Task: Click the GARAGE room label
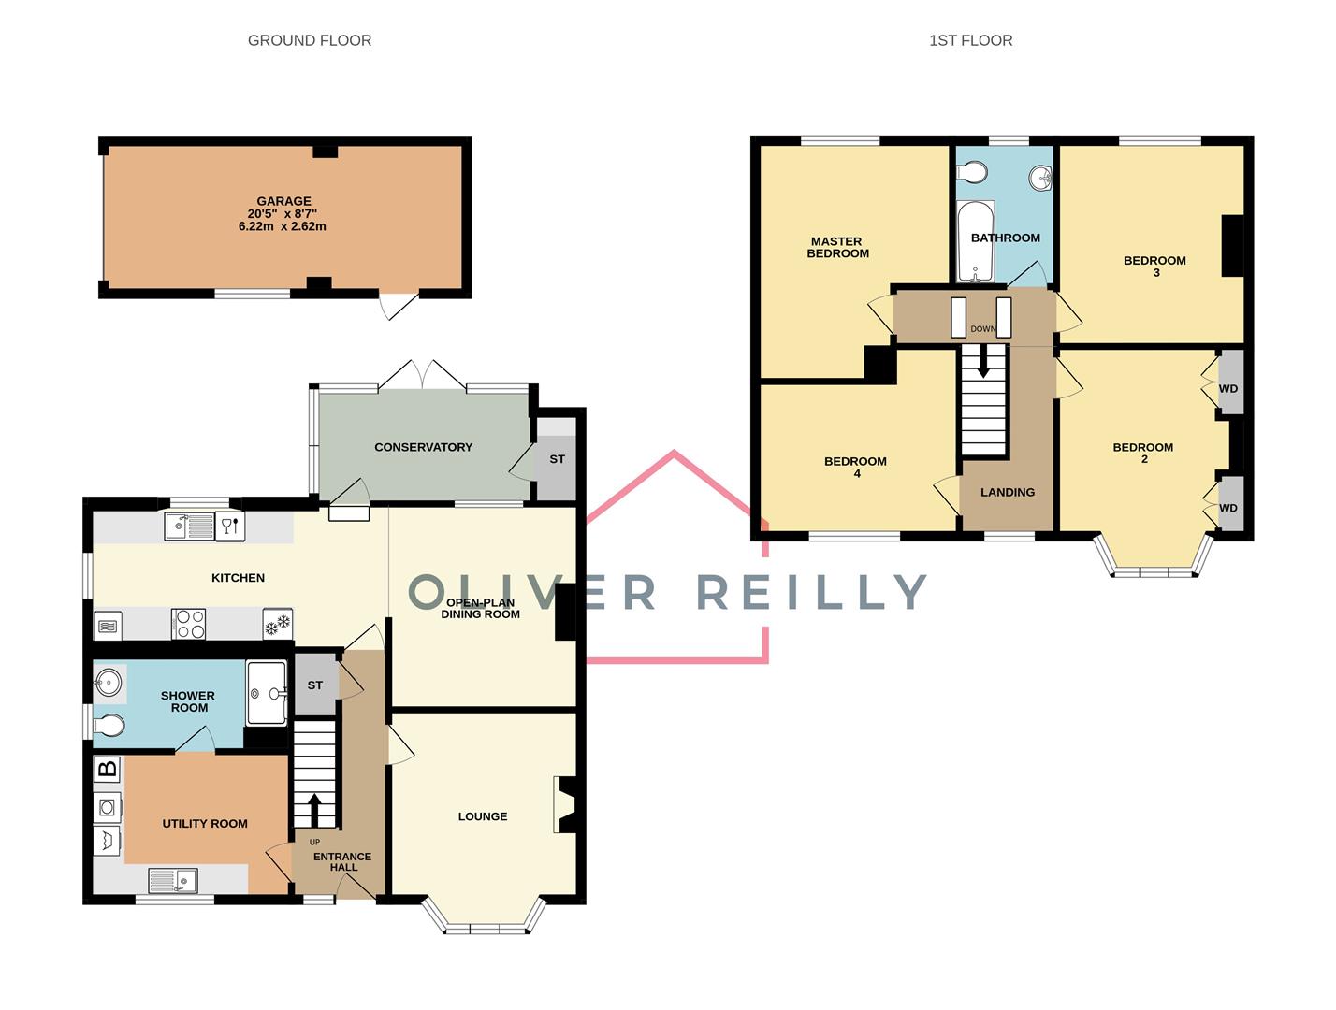click(283, 201)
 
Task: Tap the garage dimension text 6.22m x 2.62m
click(283, 226)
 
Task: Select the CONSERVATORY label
click(423, 447)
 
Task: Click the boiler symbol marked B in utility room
click(108, 769)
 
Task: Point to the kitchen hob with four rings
click(188, 624)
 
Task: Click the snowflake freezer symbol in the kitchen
click(277, 624)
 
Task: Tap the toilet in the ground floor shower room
click(109, 726)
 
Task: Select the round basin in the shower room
click(109, 683)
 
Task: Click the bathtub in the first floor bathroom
click(976, 240)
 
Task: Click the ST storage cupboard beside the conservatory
click(557, 459)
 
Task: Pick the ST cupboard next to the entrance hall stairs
click(315, 685)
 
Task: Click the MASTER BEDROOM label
click(837, 247)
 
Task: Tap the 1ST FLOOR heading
click(970, 40)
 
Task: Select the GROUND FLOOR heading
click(310, 40)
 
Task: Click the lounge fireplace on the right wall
click(566, 804)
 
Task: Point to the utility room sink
click(173, 880)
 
